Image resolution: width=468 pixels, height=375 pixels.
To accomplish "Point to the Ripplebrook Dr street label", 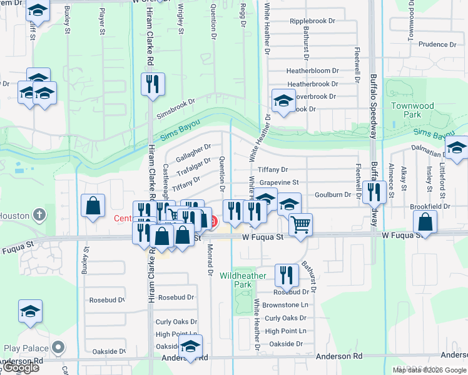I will click(312, 21).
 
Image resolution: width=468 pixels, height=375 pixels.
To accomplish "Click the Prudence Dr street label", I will click(438, 44).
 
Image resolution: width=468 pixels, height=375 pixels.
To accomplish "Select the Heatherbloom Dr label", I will click(312, 71).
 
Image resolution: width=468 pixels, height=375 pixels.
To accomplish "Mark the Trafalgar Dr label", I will click(194, 166).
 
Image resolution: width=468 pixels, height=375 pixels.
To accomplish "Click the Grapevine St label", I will click(279, 182).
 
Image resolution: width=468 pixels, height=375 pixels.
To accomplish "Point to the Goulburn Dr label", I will click(332, 195).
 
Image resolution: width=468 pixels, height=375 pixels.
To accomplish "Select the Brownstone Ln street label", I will click(285, 305).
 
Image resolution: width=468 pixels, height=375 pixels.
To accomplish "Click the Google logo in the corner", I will click(21, 367).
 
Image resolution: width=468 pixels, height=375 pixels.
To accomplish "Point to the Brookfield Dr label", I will click(447, 206).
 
